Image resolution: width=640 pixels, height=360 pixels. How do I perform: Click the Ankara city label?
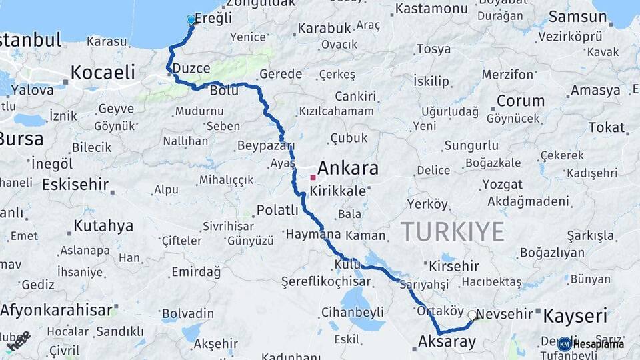[x=348, y=167]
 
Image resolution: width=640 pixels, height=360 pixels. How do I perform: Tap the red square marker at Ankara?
[x=313, y=177]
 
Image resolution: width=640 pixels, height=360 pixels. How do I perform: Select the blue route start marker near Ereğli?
[x=191, y=20]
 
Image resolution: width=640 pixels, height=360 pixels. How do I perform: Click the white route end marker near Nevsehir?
[x=473, y=315]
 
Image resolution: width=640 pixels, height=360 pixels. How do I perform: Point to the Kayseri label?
[x=575, y=315]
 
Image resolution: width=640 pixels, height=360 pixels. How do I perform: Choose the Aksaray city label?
[x=447, y=342]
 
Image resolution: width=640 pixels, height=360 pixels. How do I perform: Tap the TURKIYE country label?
[x=452, y=232]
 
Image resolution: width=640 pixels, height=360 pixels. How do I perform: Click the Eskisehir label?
[x=75, y=185]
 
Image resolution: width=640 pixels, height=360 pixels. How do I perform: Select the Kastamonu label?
[x=431, y=9]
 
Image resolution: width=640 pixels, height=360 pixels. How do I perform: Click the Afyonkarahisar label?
[x=56, y=310]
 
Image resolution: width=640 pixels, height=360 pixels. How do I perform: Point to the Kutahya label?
[x=103, y=226]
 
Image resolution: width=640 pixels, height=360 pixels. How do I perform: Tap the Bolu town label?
[x=223, y=90]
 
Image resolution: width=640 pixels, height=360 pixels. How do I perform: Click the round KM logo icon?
[x=565, y=344]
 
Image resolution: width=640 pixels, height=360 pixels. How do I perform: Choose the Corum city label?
[x=520, y=101]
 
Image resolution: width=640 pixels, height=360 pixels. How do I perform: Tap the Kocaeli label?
[x=102, y=72]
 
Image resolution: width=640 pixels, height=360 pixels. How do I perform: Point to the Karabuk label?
[x=324, y=29]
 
